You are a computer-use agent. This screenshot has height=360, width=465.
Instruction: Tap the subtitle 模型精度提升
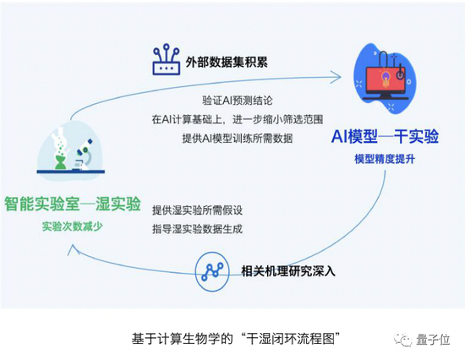tap(385, 159)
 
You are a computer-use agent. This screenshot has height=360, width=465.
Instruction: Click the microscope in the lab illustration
tap(85, 157)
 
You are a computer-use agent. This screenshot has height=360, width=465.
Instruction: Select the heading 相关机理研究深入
tap(288, 270)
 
